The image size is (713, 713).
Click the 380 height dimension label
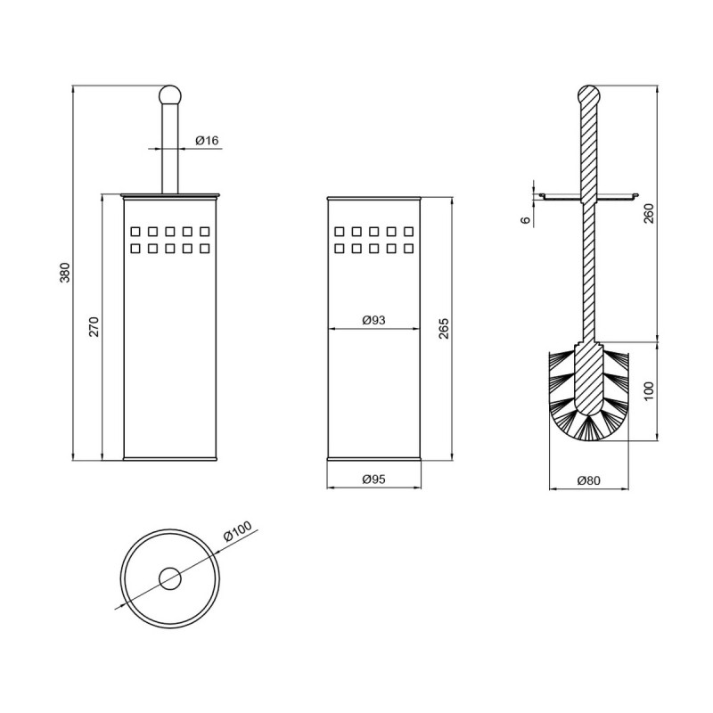pos(65,273)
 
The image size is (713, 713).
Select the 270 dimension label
pos(94,326)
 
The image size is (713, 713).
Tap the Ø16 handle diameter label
pos(208,141)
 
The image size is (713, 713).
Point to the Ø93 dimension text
pos(373,320)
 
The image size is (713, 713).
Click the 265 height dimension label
pos(444,328)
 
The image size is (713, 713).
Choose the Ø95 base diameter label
pos(373,479)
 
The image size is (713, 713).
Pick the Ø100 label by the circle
pos(238,531)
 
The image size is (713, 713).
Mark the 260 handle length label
pos(649,213)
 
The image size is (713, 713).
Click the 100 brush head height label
pos(649,391)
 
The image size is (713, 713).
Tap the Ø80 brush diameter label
pos(589,480)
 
